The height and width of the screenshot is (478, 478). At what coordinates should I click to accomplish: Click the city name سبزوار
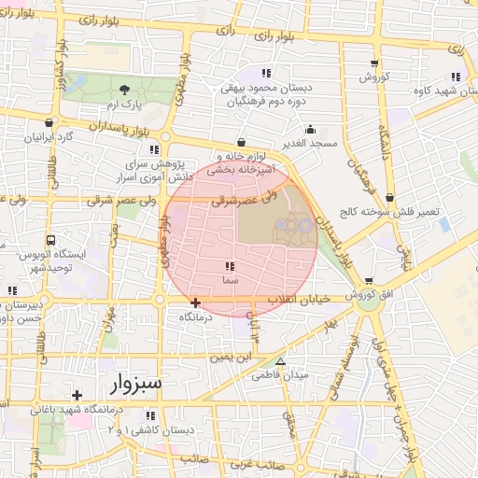(x=128, y=383)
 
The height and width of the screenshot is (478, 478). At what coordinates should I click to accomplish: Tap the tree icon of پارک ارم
(x=124, y=90)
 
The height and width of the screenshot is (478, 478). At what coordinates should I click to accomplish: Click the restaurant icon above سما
(x=230, y=266)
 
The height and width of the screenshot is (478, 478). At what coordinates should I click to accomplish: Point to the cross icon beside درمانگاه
(x=194, y=302)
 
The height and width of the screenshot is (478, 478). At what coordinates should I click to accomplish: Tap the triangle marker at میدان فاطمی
(x=278, y=362)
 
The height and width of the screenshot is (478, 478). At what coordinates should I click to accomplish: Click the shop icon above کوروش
(x=374, y=63)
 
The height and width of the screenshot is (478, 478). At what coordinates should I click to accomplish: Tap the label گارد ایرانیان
(x=49, y=136)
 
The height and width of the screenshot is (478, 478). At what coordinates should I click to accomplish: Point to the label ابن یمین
(x=231, y=357)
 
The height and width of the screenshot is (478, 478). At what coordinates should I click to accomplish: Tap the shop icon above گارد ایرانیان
(x=49, y=121)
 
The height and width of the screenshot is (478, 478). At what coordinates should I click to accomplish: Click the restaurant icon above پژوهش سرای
(x=153, y=148)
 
